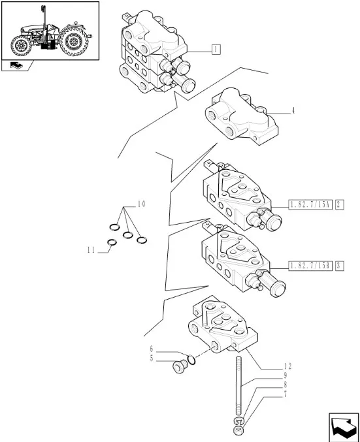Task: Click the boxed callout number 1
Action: point(216,50)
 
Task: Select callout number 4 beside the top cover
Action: point(293,110)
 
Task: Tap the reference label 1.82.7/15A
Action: point(310,204)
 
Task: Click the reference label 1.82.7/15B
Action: point(310,266)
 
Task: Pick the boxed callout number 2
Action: point(339,204)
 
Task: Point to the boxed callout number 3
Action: point(339,266)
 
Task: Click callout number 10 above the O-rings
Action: point(141,204)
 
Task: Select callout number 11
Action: point(91,250)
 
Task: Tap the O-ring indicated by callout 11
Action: point(112,242)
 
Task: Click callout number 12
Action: point(287,366)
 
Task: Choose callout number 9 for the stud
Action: point(286,375)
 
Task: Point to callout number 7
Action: point(286,394)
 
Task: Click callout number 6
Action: point(151,349)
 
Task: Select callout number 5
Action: point(151,358)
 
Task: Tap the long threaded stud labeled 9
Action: point(238,385)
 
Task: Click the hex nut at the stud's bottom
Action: point(238,430)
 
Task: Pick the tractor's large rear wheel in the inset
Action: point(74,40)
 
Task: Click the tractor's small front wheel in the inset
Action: point(21,46)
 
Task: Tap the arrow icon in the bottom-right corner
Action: point(343,428)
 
